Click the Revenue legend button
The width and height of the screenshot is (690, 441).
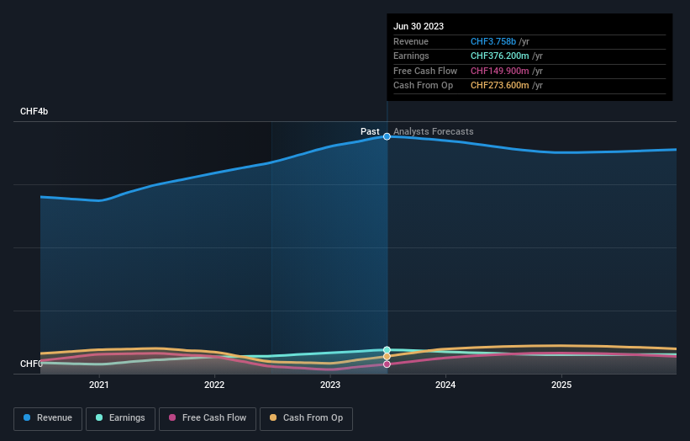point(49,418)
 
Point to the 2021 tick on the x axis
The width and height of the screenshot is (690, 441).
point(99,385)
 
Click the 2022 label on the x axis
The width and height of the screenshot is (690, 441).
point(214,385)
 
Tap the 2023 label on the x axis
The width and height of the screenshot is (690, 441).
point(330,385)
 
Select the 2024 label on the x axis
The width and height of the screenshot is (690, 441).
point(445,385)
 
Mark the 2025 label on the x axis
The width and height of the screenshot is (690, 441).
point(561,385)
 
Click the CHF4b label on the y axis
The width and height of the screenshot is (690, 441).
point(34,111)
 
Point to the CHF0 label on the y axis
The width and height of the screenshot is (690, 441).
point(31,364)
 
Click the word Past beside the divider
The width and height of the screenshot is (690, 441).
point(370,131)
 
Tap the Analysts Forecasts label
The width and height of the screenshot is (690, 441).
point(433,131)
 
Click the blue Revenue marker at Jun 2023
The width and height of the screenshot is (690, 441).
point(387,136)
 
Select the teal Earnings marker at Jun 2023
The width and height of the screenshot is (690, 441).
point(387,349)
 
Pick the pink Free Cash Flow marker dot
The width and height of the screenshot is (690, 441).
point(387,364)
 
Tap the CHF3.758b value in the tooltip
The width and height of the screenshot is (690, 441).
point(493,41)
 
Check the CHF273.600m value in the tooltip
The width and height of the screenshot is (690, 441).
point(501,85)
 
